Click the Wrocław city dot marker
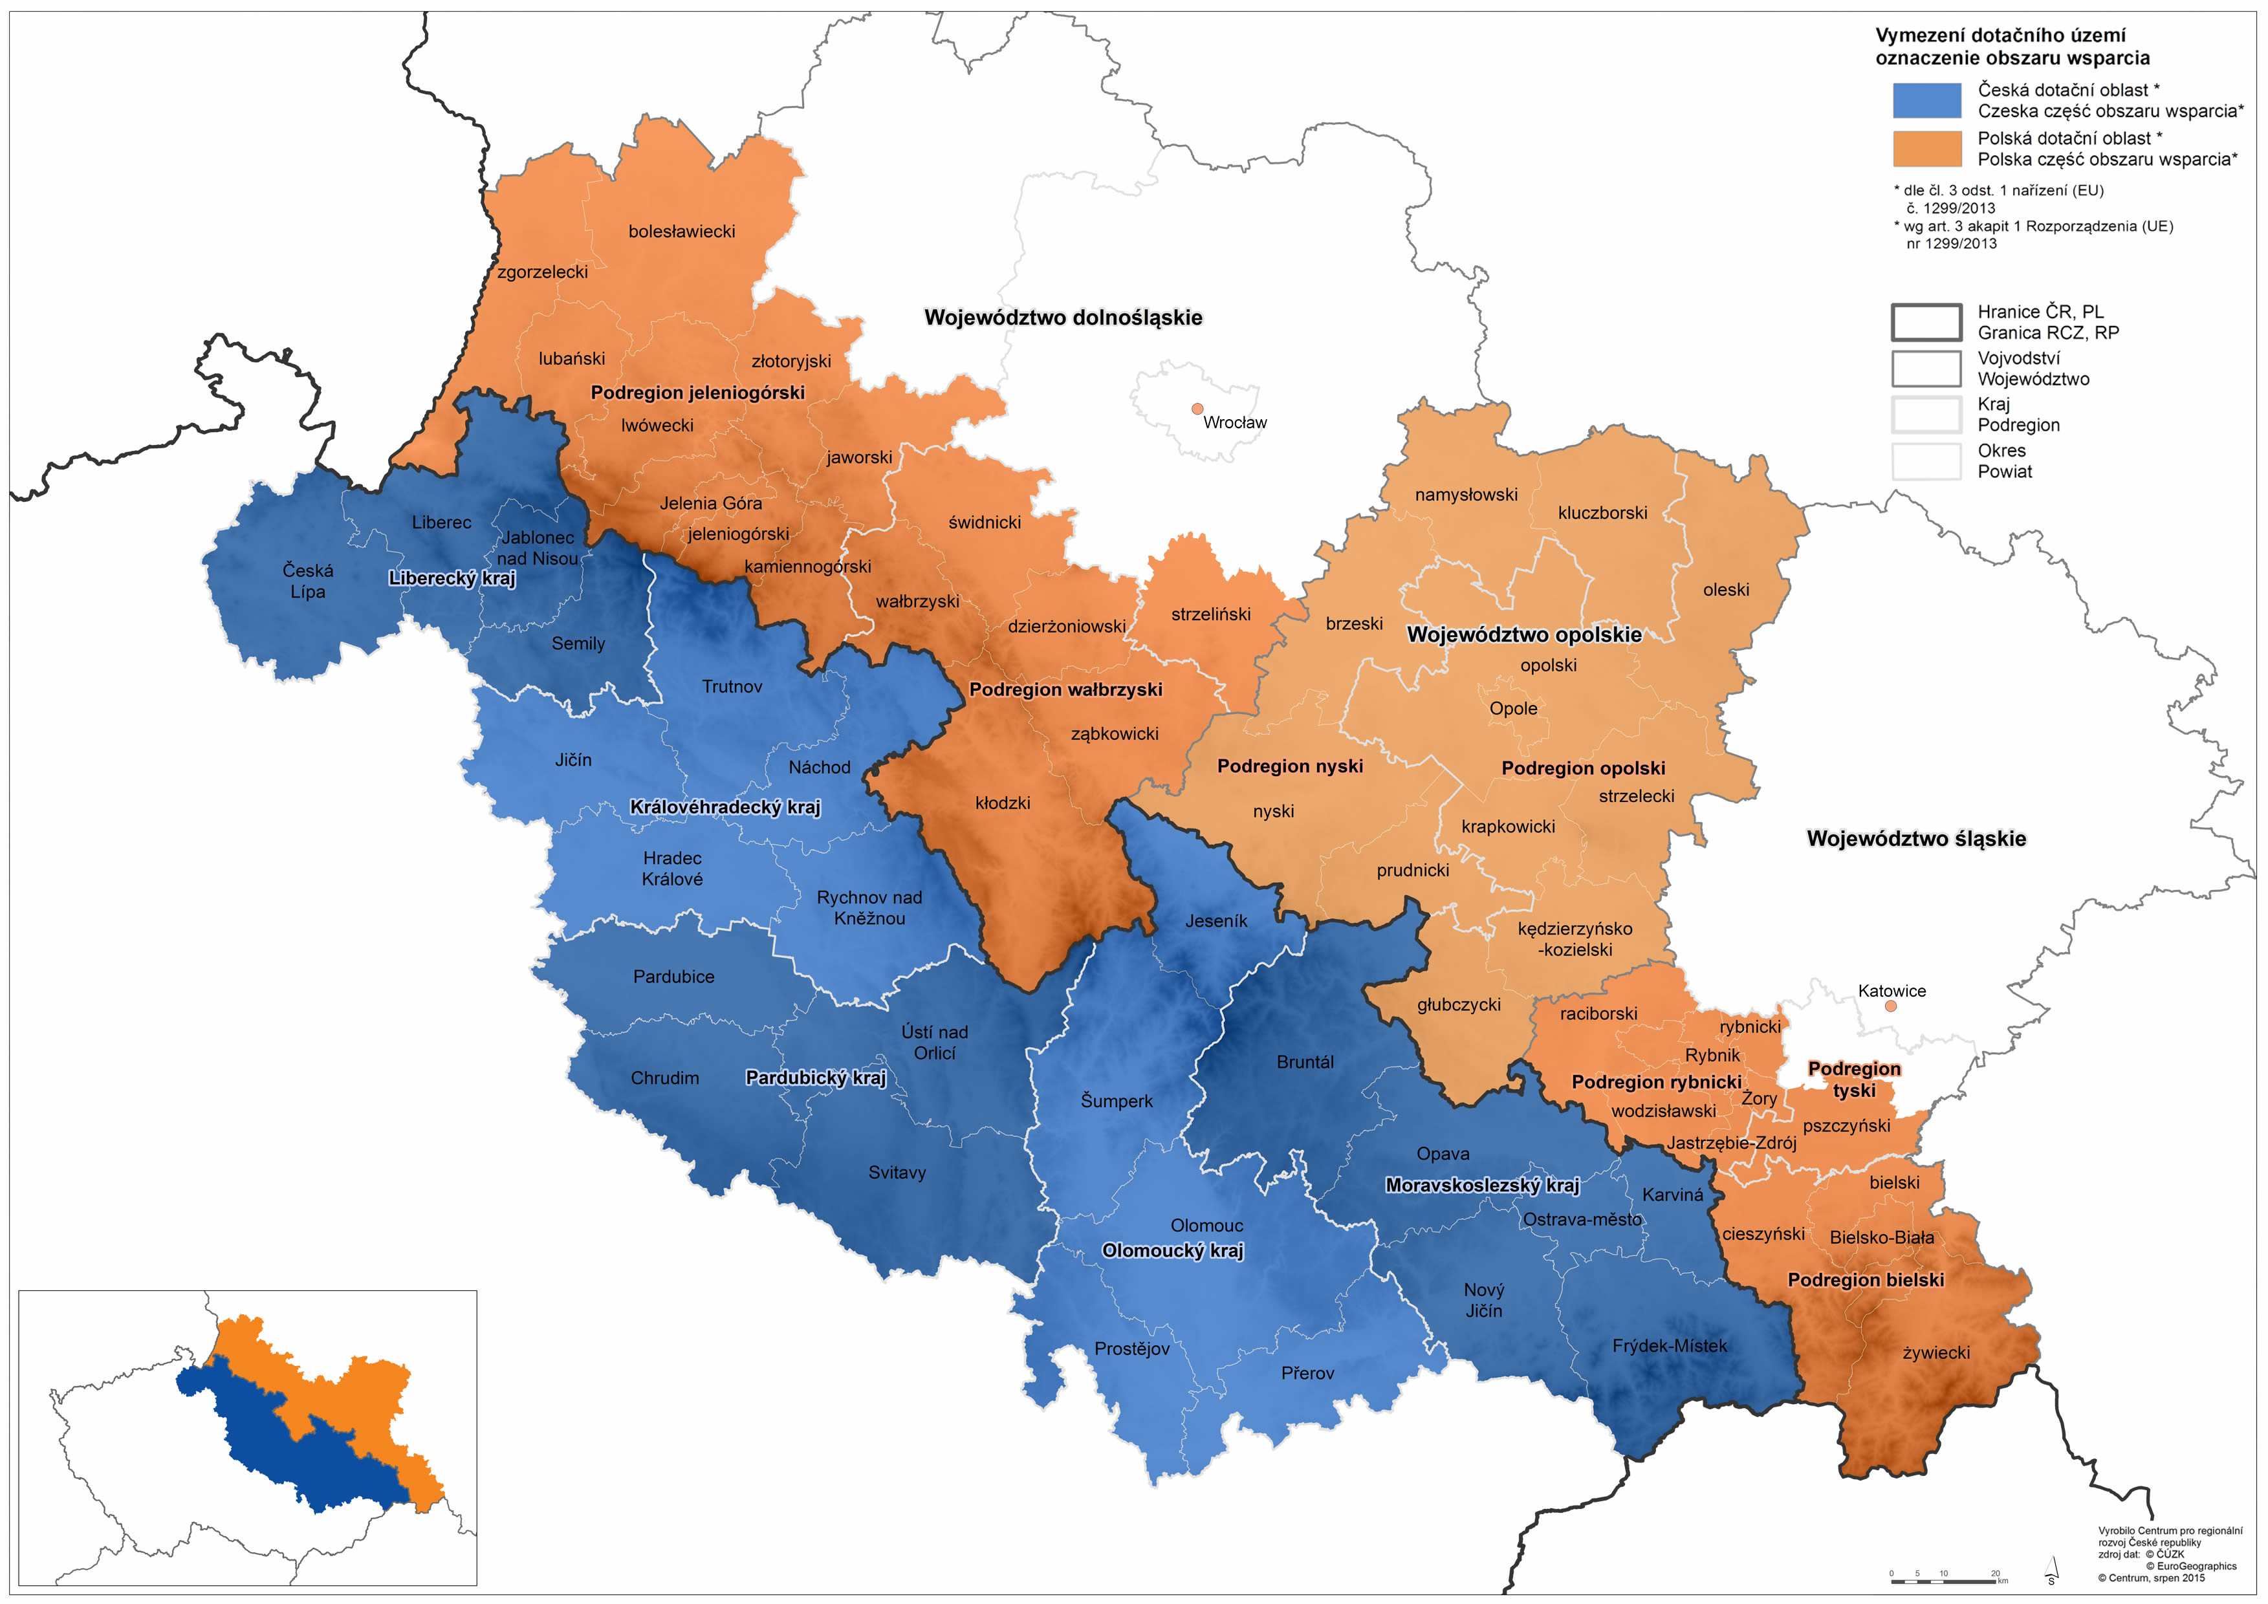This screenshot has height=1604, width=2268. coord(1197,409)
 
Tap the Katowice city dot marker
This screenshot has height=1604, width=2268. coord(1891,1006)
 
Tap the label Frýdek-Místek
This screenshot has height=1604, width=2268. coord(1670,1346)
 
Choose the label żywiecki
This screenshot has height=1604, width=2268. coord(1936,1353)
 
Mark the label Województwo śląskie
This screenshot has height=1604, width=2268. coord(1915,840)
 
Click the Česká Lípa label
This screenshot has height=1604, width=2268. coord(307,581)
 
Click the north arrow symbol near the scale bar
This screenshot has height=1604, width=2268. coord(2051,1570)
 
